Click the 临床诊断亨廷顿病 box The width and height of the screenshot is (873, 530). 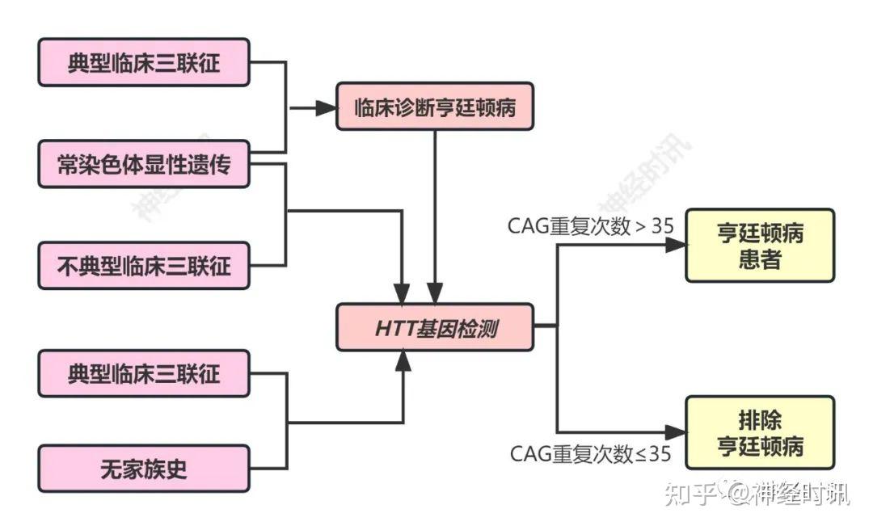coord(435,106)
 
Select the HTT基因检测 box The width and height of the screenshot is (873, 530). coord(435,327)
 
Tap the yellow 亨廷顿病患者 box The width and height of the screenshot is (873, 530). coord(759,246)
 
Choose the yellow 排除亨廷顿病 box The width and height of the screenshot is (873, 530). coord(759,432)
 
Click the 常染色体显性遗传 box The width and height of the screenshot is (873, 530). coord(144,164)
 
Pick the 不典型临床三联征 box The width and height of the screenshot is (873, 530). coord(144,265)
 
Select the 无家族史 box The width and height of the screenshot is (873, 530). coord(144,468)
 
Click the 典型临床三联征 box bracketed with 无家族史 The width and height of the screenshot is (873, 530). coord(144,372)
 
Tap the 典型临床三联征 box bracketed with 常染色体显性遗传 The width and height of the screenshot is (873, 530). coord(144,62)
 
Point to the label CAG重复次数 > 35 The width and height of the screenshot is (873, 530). coord(590,225)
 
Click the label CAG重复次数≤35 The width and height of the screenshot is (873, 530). coord(590,454)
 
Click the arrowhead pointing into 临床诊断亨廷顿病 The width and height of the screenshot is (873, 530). coord(327,107)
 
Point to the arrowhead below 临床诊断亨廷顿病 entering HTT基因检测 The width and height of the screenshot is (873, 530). coord(436,293)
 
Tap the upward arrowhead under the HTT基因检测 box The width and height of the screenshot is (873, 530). coord(403,363)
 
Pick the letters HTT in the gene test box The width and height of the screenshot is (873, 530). coord(394,328)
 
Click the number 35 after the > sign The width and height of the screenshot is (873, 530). coord(662,225)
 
